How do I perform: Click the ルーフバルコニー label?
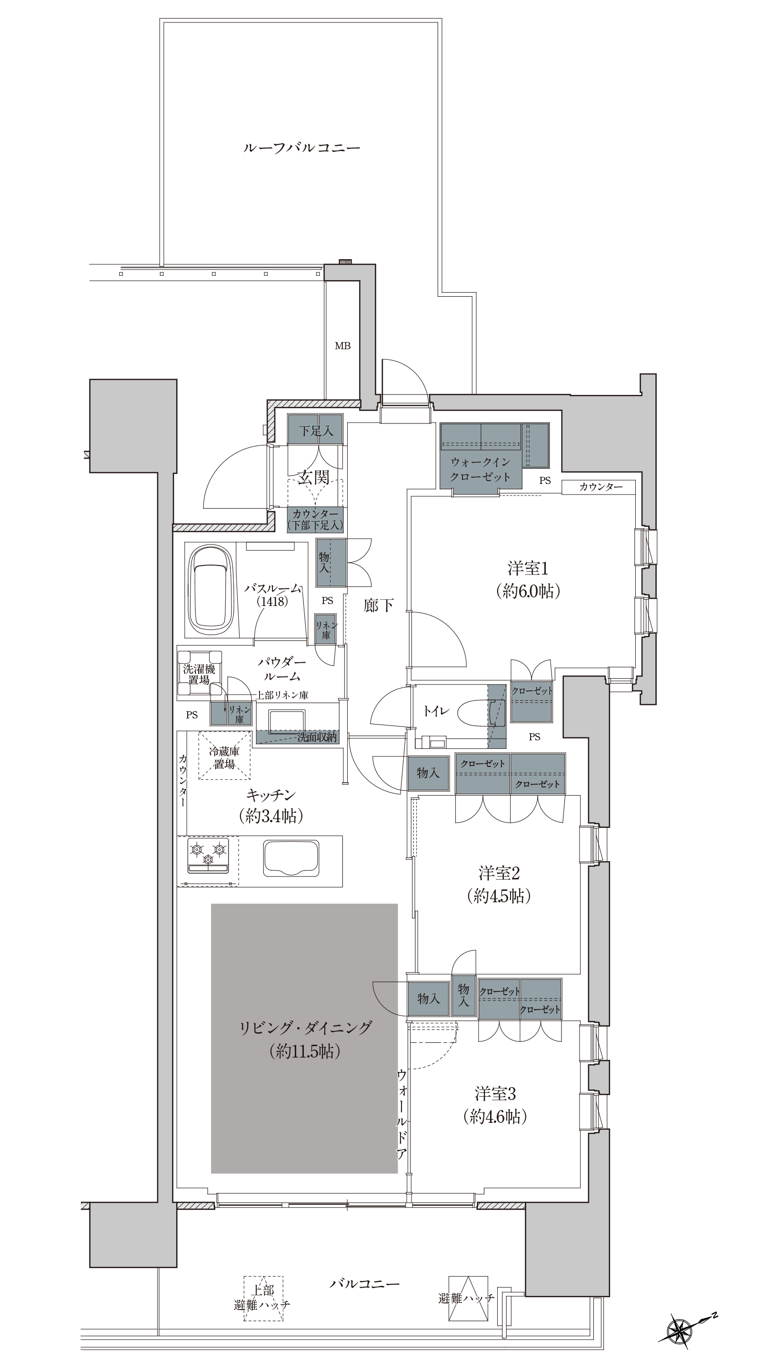(301, 148)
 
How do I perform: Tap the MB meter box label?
(342, 346)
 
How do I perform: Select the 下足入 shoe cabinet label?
(316, 430)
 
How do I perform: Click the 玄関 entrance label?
(314, 477)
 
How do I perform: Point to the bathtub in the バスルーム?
(211, 590)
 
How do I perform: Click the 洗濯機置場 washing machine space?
(199, 673)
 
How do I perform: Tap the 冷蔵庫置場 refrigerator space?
(224, 757)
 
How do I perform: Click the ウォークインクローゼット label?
(481, 469)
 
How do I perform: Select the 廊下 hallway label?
(379, 605)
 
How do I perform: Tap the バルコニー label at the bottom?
(364, 1283)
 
